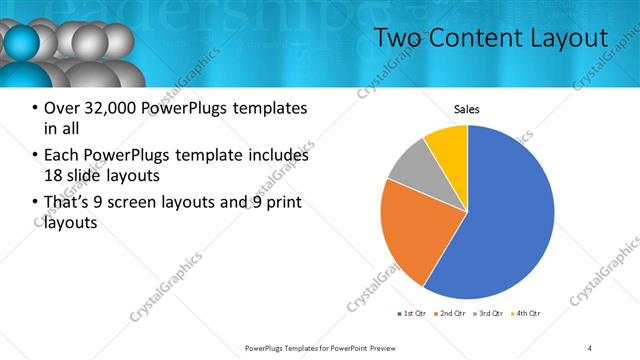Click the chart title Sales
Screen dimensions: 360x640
(467, 108)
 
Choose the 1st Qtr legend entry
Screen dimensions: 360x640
(412, 314)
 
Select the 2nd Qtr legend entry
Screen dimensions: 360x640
(451, 314)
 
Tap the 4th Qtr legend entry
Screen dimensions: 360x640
(527, 314)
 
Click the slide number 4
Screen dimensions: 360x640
(589, 347)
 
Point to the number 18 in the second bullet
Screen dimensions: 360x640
(54, 176)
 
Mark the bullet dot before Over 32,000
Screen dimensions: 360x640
(35, 109)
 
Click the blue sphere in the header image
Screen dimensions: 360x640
(21, 45)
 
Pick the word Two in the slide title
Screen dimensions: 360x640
(400, 38)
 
